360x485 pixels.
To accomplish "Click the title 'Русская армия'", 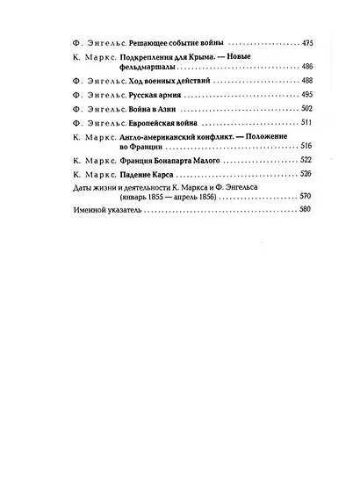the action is pos(143,93).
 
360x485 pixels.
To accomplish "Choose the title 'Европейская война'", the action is pos(151,123).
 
